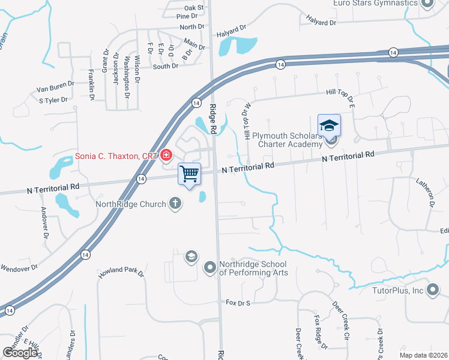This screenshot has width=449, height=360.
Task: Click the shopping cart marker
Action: pos(190,174)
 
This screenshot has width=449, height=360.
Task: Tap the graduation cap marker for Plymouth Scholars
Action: pos(329,125)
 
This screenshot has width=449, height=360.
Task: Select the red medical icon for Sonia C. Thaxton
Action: pos(166,156)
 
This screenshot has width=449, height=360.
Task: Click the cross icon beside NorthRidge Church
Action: pos(175,203)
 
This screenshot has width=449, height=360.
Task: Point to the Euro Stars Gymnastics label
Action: pos(375,3)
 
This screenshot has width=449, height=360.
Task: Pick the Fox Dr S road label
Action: pos(237,302)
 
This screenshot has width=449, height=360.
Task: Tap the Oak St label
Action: pos(194,8)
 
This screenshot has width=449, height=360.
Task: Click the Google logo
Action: pos(21,352)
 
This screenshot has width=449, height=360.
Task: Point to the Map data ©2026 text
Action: pos(423,355)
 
